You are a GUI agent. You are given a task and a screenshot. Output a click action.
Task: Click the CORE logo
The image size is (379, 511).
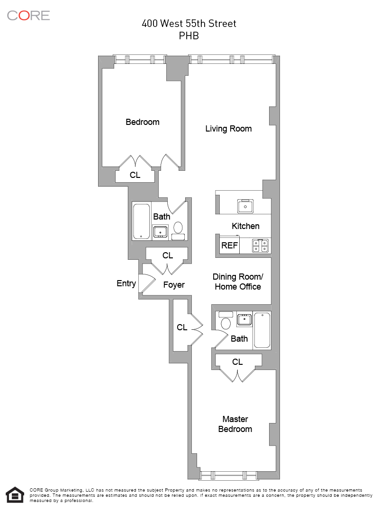click(x=28, y=15)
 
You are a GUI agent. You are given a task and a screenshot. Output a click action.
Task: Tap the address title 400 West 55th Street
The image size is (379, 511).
click(x=189, y=24)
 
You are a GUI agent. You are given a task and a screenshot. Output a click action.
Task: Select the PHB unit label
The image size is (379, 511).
click(x=189, y=35)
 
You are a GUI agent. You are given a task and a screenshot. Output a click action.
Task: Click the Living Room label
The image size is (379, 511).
click(x=228, y=129)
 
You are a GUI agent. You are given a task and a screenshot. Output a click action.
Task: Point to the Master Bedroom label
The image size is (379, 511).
click(x=235, y=424)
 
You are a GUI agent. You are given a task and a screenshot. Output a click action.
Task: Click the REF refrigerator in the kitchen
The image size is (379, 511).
click(x=229, y=246)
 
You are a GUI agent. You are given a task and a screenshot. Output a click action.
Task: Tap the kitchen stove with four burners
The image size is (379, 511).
click(x=261, y=246)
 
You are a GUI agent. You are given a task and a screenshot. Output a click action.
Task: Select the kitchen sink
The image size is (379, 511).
click(x=245, y=206)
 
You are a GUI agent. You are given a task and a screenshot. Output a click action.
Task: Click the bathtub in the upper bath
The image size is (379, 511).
click(x=141, y=221)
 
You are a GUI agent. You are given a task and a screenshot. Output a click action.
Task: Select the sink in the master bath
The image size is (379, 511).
click(x=244, y=319)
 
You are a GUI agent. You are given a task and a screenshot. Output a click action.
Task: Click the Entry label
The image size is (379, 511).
click(x=126, y=283)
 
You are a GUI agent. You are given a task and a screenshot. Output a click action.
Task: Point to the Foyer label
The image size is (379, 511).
click(x=174, y=285)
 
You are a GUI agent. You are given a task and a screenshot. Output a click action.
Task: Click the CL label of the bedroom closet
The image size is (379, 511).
click(x=135, y=175)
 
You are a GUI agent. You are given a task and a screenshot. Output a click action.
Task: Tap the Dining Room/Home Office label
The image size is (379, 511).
click(x=237, y=282)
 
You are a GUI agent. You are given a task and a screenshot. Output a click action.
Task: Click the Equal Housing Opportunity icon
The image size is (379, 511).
click(x=14, y=494)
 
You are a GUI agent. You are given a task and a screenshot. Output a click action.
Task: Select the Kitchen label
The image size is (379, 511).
click(x=245, y=226)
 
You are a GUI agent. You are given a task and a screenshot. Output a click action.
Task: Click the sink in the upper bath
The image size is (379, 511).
click(x=160, y=231)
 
